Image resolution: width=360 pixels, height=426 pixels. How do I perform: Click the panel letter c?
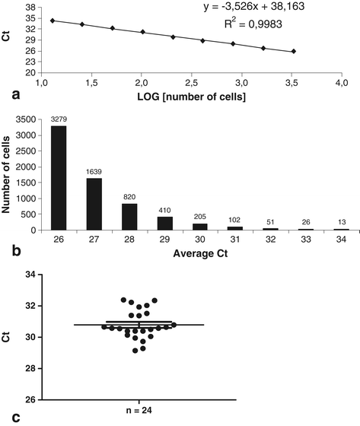6,417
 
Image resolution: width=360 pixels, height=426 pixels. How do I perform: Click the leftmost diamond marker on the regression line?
52,21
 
